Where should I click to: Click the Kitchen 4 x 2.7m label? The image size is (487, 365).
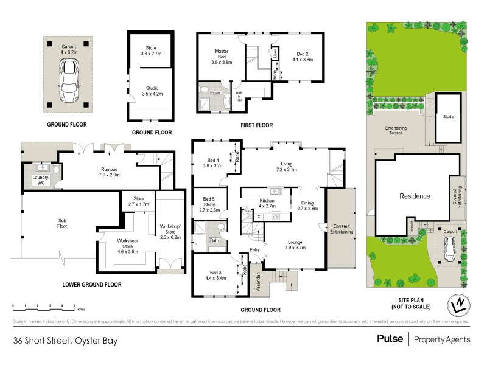pyautogui.click(x=266, y=203)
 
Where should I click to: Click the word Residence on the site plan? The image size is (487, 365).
pyautogui.click(x=414, y=196)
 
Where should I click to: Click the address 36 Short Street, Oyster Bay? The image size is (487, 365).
pyautogui.click(x=59, y=341)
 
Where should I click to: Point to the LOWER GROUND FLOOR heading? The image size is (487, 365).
pyautogui.click(x=91, y=285)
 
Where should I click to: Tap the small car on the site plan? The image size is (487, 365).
pyautogui.click(x=449, y=246)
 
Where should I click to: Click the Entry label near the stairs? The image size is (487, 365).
pyautogui.click(x=254, y=249)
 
